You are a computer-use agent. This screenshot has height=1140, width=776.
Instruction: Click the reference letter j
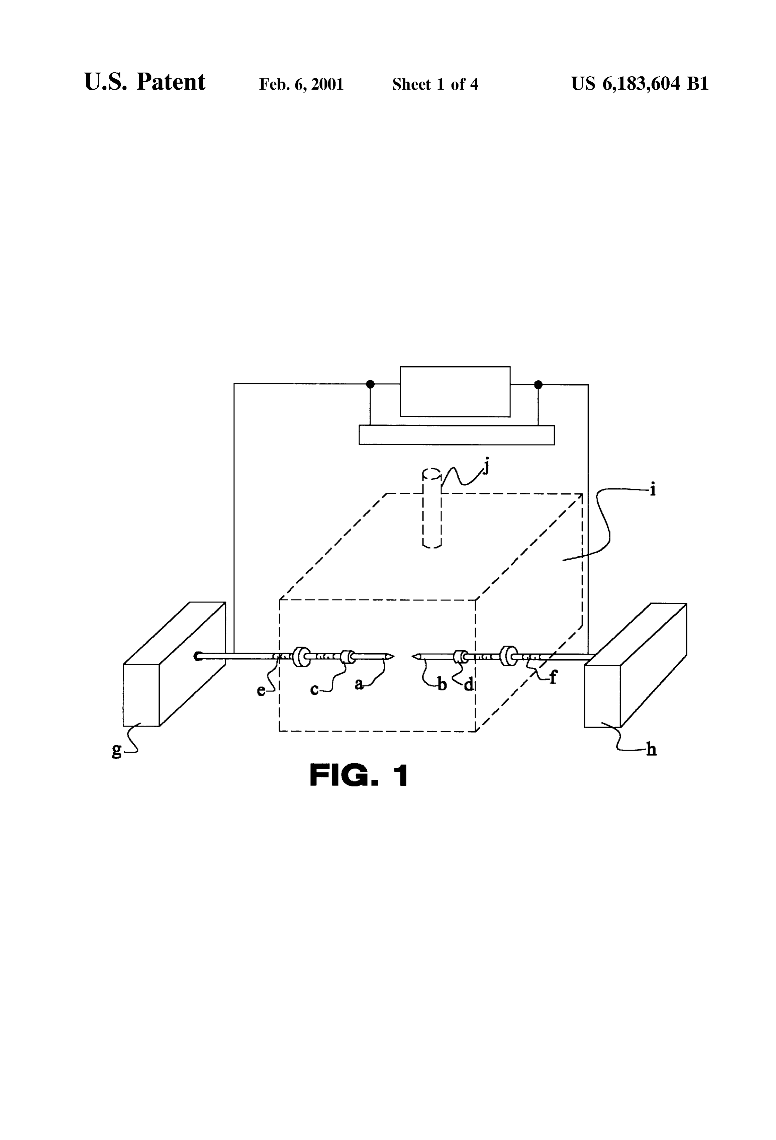pos(486,466)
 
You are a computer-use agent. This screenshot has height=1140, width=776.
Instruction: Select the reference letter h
pos(651,749)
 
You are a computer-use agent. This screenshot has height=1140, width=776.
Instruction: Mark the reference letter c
pos(314,690)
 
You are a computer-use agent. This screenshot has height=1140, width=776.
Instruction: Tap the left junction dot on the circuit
pos(370,384)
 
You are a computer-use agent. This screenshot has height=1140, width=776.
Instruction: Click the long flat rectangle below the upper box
pos(457,435)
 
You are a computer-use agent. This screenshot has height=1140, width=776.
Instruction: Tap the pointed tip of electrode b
pos(413,656)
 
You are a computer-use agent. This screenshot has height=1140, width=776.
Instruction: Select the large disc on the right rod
pos(508,656)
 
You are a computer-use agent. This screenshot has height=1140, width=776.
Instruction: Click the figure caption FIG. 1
pos(359,775)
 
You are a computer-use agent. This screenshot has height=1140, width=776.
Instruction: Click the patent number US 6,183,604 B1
pos(640,84)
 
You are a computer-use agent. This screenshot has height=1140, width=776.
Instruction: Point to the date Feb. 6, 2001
pos(301,84)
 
